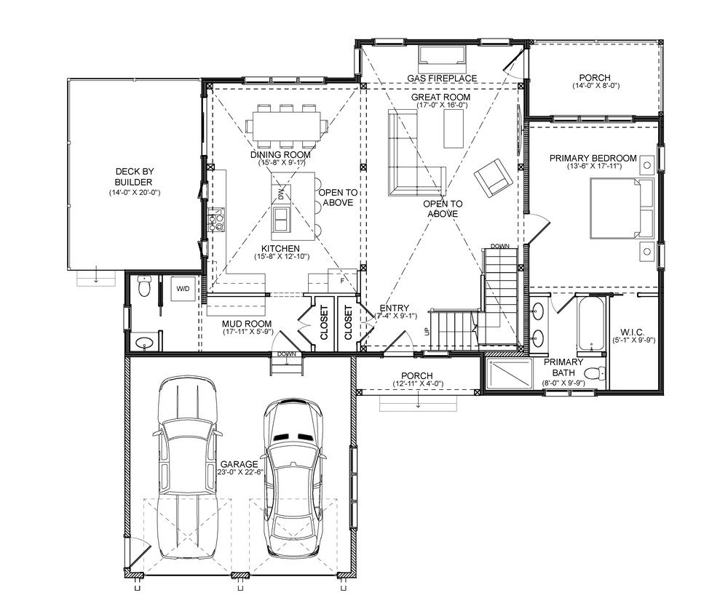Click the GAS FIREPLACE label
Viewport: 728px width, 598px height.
point(442,79)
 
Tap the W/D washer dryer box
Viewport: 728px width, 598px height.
point(183,289)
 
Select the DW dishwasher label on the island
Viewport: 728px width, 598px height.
point(281,194)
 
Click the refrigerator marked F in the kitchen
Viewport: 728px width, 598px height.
point(341,281)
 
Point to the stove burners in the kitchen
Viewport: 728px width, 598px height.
point(216,220)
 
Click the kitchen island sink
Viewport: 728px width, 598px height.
point(282,219)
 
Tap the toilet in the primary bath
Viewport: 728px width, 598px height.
point(595,372)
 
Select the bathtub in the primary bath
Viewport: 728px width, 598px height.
point(591,324)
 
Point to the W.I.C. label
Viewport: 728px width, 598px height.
point(631,332)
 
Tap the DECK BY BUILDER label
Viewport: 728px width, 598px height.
point(134,177)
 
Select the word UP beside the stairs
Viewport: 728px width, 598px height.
point(427,331)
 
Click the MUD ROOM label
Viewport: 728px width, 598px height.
point(247,324)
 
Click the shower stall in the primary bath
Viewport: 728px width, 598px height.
point(507,373)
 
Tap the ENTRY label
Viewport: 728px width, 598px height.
point(394,308)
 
